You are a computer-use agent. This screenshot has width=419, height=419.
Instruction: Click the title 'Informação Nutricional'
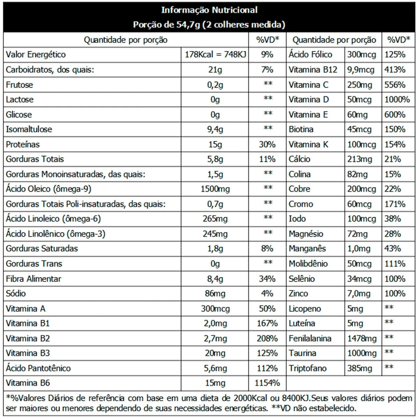click(x=209, y=10)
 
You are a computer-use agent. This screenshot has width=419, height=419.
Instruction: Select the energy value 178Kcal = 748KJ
click(x=215, y=54)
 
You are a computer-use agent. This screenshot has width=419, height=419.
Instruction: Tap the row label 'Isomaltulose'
click(x=29, y=129)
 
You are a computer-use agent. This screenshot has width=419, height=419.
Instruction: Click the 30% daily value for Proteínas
click(x=267, y=144)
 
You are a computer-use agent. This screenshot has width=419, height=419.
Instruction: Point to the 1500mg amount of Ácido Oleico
click(x=215, y=189)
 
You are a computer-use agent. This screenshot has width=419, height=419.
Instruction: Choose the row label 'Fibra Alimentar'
click(x=34, y=279)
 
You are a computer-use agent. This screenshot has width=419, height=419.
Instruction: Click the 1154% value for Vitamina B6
click(x=267, y=383)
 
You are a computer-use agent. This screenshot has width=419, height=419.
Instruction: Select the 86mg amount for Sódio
click(x=215, y=294)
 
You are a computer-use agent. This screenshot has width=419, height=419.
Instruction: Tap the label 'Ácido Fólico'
click(x=310, y=54)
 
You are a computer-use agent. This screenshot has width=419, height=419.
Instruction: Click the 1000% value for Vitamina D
click(x=397, y=100)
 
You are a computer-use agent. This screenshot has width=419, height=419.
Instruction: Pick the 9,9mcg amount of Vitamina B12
click(x=361, y=70)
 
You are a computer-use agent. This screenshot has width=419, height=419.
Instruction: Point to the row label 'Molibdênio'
click(x=308, y=264)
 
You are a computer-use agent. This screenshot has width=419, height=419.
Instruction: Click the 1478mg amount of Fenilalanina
click(x=362, y=338)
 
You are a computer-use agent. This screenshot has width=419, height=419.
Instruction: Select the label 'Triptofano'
click(x=308, y=368)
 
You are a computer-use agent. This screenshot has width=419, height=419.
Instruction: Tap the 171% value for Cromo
click(x=395, y=204)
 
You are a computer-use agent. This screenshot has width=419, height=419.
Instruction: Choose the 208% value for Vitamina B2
click(x=267, y=338)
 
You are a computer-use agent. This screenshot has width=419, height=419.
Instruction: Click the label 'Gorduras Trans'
click(x=34, y=264)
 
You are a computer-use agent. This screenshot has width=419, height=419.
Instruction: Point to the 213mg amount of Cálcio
click(x=360, y=159)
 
